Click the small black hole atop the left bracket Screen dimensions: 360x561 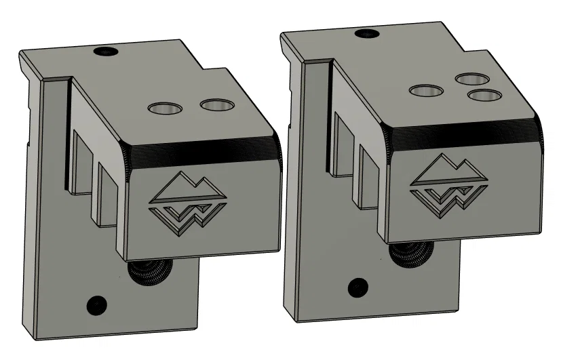click(x=105, y=51)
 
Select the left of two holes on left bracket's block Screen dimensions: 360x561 click(x=165, y=108)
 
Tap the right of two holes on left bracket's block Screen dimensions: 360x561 click(x=216, y=104)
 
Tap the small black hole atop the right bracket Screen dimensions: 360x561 click(x=367, y=33)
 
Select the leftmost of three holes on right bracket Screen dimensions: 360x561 click(x=426, y=90)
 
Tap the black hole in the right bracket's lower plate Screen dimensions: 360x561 click(x=357, y=287)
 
